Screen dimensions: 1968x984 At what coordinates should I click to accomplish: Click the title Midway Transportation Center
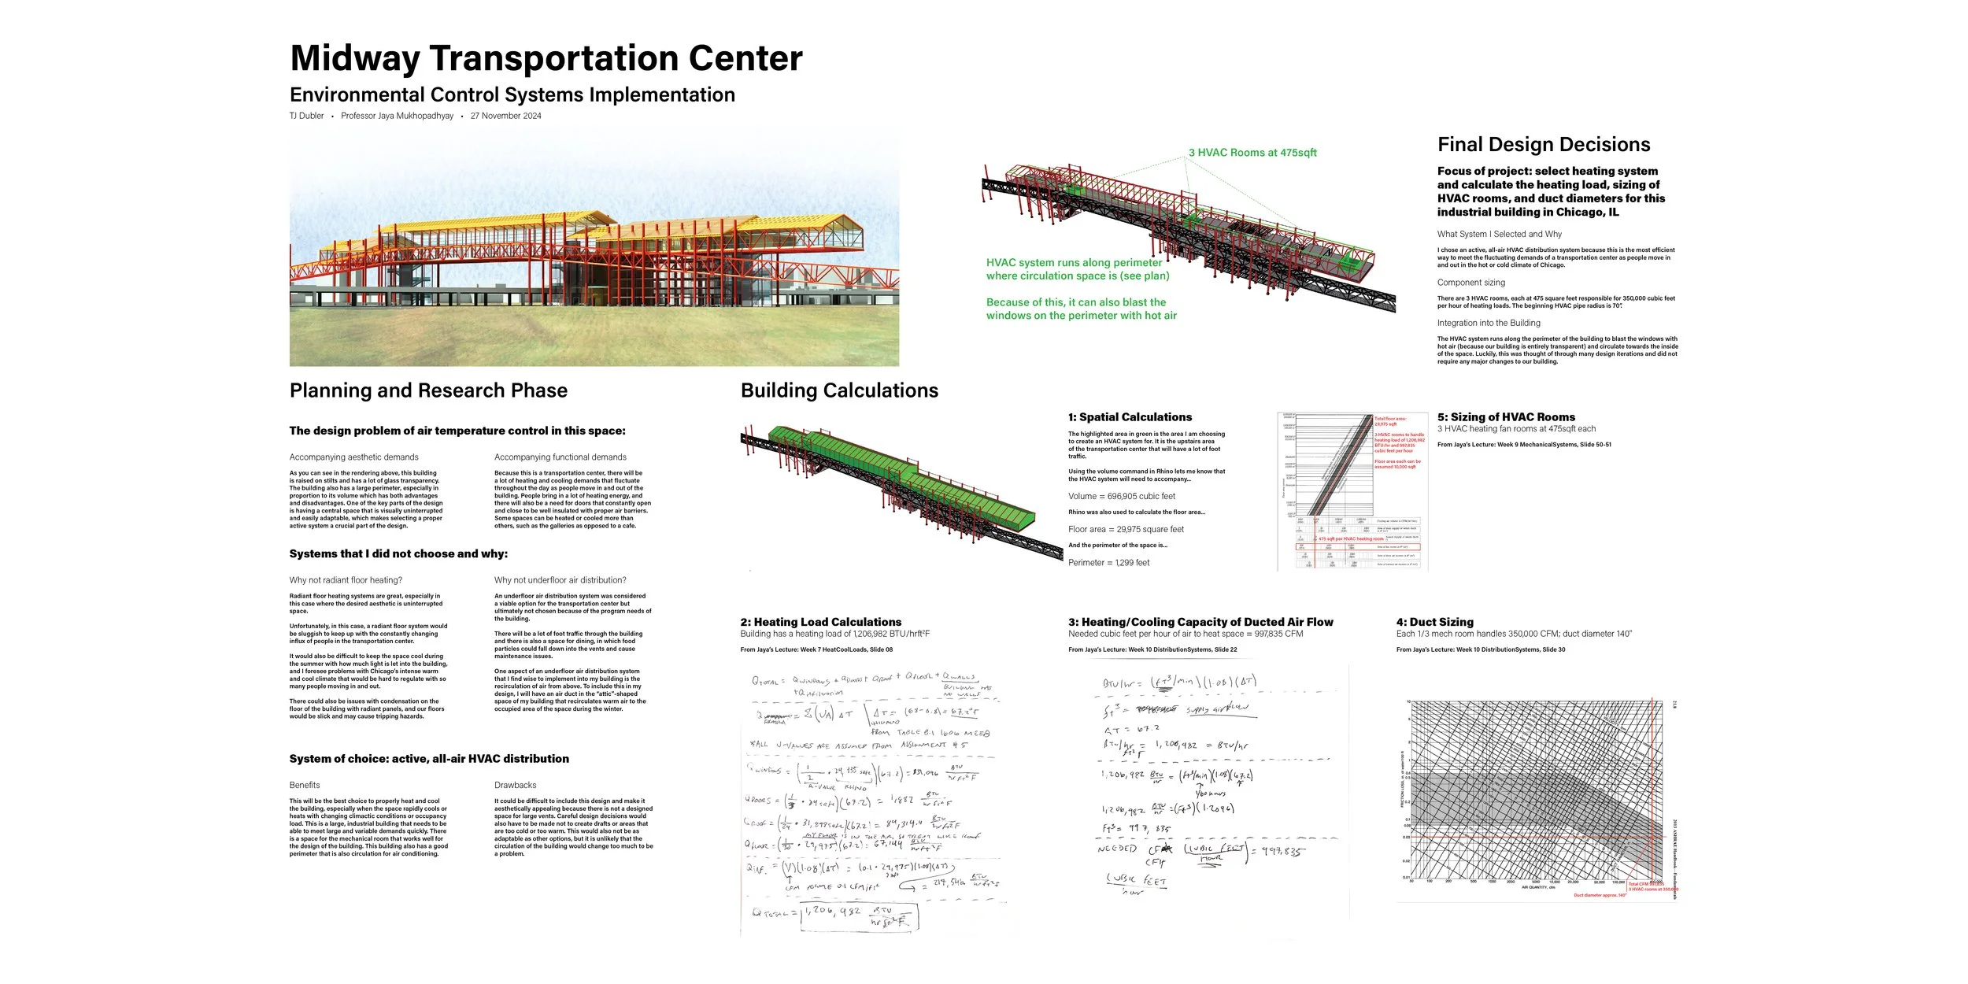click(x=546, y=58)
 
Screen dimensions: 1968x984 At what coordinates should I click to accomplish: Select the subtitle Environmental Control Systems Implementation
click(x=512, y=95)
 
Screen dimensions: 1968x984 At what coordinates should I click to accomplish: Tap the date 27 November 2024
click(x=505, y=116)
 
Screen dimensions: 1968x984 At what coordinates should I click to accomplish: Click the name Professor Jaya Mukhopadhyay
click(x=397, y=116)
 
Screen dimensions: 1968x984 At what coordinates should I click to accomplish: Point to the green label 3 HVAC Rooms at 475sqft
click(x=1252, y=153)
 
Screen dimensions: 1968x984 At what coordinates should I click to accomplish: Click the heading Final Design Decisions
click(x=1544, y=145)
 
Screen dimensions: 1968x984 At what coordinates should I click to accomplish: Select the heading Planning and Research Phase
click(x=428, y=390)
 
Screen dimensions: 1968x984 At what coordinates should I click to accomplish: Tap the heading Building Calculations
click(x=839, y=390)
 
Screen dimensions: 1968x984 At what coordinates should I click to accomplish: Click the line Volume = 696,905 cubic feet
click(x=1121, y=497)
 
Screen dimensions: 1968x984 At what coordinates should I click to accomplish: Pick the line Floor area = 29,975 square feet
click(x=1126, y=530)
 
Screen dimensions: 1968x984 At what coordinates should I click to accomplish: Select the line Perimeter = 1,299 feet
click(x=1108, y=563)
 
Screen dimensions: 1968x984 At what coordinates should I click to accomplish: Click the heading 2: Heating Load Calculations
click(x=820, y=622)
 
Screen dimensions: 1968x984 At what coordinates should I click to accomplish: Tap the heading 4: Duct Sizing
click(x=1434, y=622)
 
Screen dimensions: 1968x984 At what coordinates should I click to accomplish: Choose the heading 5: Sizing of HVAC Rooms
click(x=1506, y=417)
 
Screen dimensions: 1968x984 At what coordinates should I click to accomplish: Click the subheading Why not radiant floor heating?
click(x=346, y=580)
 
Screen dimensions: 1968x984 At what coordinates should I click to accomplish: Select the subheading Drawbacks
click(x=515, y=786)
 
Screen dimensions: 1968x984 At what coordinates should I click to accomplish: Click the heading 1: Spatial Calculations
click(x=1130, y=417)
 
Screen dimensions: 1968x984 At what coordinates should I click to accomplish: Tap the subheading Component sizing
click(x=1470, y=283)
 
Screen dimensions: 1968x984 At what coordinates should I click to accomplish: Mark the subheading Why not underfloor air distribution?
click(x=560, y=580)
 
